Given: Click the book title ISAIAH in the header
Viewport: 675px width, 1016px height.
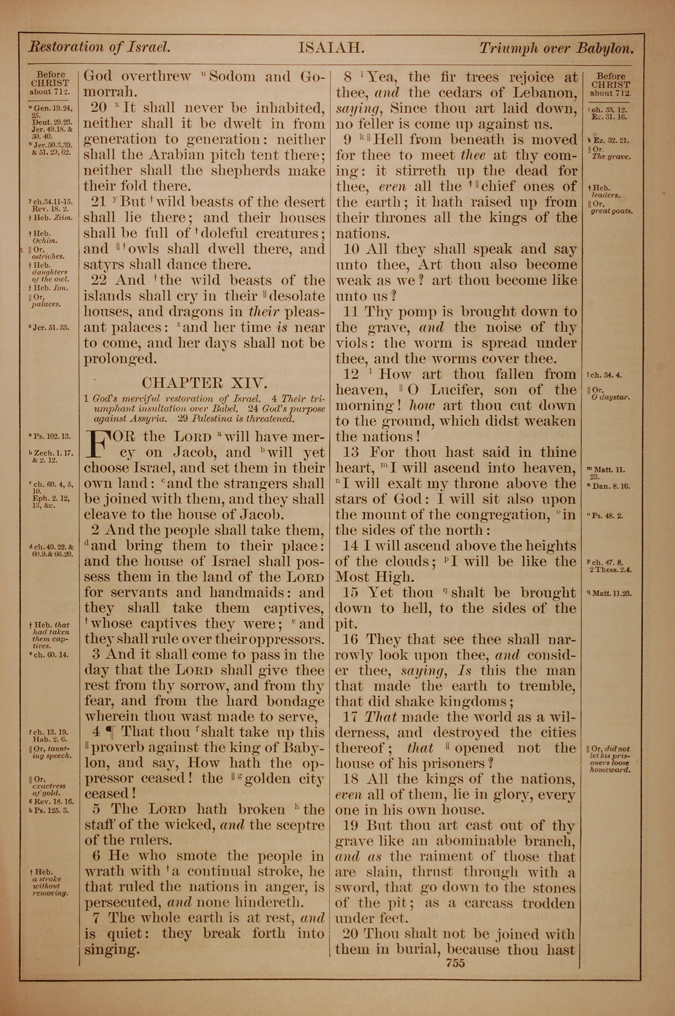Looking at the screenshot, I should pos(331,47).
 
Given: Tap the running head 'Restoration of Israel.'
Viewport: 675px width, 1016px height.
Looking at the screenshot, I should pos(100,47).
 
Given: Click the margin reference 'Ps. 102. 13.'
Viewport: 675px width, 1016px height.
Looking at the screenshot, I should pos(52,436).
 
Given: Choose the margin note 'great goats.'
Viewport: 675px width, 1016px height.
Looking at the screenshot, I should pos(611,211).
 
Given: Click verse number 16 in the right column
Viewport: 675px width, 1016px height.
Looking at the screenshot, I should pos(351,639).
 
